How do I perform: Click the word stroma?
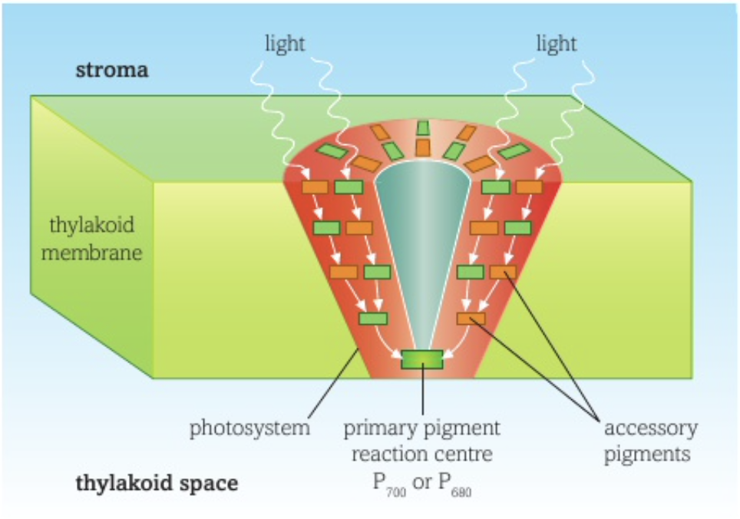coord(111,71)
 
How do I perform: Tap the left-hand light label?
coord(285,44)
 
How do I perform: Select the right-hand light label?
coord(556,44)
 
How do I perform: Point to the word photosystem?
coord(250,428)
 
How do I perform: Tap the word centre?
coord(459,454)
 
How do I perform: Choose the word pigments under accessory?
coord(646,454)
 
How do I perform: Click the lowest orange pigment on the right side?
coord(471,318)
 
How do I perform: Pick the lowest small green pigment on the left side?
coord(373,318)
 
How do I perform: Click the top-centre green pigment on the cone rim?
coord(422,127)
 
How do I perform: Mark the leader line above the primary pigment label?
coord(422,392)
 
